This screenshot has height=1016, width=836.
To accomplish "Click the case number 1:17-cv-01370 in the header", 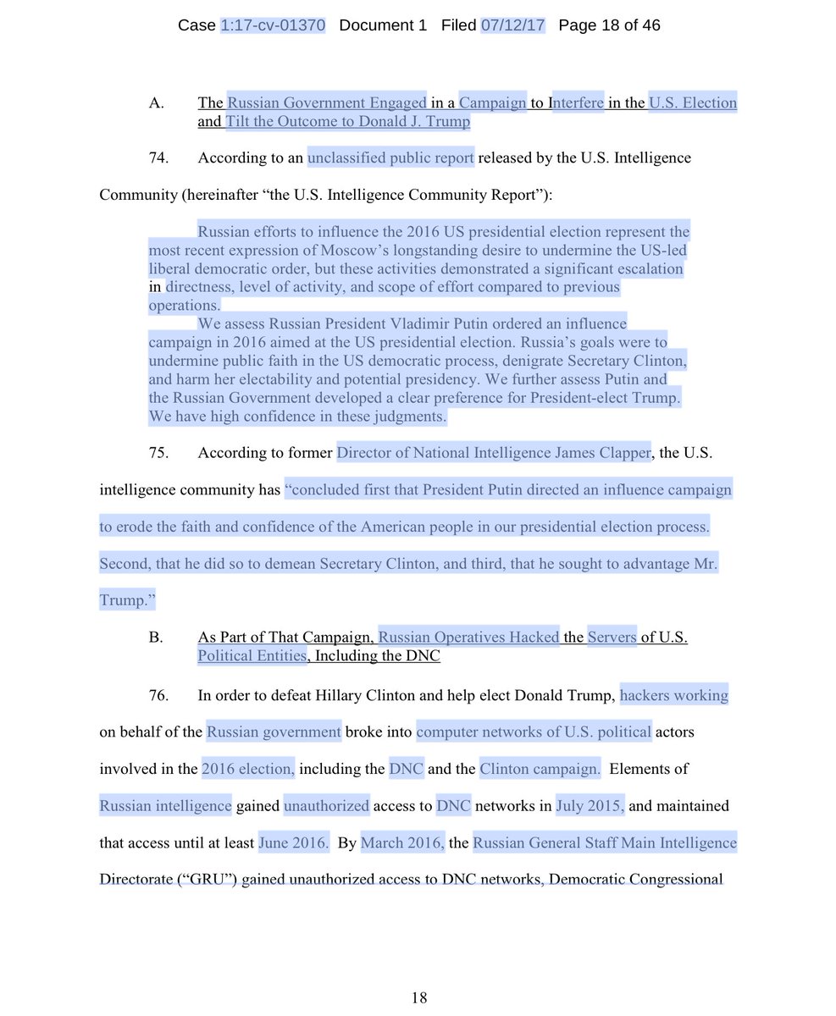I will tap(273, 25).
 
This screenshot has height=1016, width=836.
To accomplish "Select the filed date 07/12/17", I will tap(513, 25).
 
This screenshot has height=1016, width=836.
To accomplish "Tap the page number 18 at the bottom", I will tap(418, 997).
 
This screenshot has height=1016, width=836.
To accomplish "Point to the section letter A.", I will tap(156, 103).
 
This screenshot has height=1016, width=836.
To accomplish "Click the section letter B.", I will tap(156, 638).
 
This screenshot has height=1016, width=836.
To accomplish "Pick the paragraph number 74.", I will tap(158, 157).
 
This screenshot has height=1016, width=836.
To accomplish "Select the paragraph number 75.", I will tap(158, 453).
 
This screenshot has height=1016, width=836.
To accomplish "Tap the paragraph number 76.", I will tap(158, 696).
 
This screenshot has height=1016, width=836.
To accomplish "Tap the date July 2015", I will tap(590, 806).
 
